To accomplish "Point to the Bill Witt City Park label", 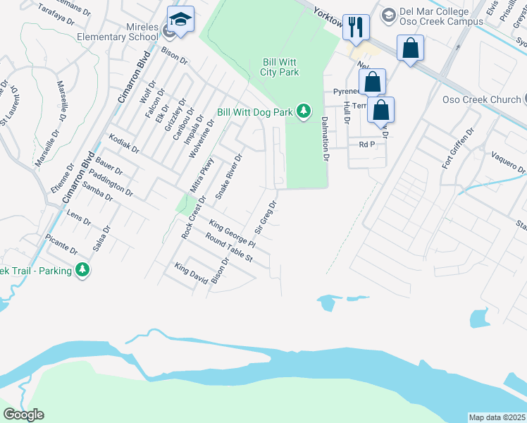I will (280, 67).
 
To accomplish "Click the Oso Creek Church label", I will (480, 99).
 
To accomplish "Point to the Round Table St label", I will (228, 248).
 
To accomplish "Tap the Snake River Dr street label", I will (228, 177).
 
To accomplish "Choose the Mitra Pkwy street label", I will (201, 175).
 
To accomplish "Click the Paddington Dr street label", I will (111, 180).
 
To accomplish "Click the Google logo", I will (23, 415).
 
